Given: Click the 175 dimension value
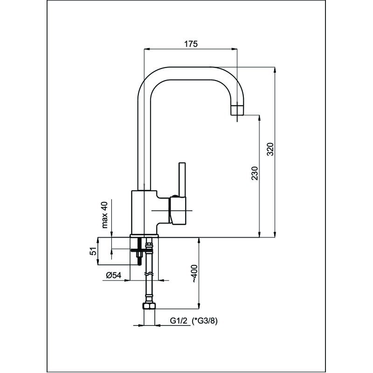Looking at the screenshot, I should pos(191,44).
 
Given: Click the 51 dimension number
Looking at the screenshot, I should pos(93,251).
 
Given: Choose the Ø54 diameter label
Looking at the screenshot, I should pos(113,276).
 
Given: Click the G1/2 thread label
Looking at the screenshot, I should pos(179,321).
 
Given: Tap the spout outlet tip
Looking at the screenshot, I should pos(237,111).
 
